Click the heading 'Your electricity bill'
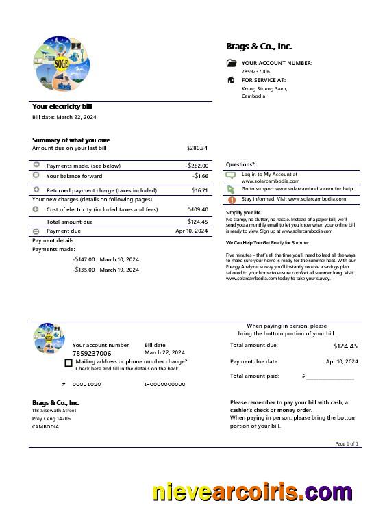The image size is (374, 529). click(62, 107)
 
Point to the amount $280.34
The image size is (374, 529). click(197, 148)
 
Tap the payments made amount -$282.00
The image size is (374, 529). click(197, 166)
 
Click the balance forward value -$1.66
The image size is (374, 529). click(201, 176)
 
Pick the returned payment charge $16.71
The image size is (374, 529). click(199, 190)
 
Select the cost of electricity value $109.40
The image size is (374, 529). click(198, 209)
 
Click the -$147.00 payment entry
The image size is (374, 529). click(84, 259)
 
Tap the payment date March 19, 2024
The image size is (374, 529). click(119, 270)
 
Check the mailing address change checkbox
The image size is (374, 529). click(68, 363)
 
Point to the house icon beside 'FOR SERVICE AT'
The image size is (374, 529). click(231, 80)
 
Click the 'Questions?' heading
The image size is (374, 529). click(240, 164)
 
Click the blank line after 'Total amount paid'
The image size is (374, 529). click(330, 377)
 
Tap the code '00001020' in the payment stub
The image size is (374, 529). click(86, 385)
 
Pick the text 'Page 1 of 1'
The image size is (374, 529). click(347, 444)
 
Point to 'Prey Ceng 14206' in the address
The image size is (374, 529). click(51, 418)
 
